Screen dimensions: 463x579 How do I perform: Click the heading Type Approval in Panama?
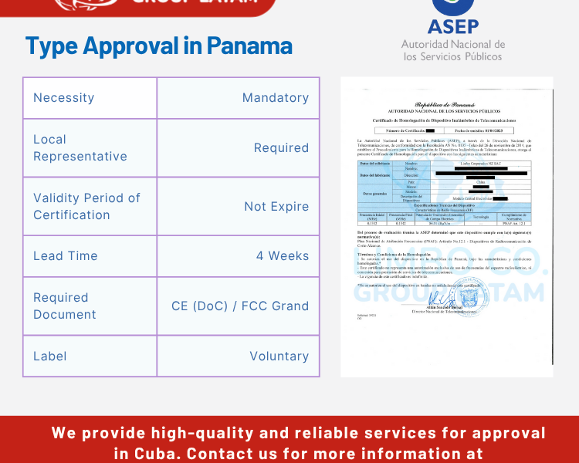(158, 46)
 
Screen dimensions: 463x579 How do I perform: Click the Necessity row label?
(63, 98)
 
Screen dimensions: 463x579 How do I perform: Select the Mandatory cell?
(275, 98)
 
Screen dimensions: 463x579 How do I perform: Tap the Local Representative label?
(80, 148)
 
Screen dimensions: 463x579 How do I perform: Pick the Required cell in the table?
(281, 148)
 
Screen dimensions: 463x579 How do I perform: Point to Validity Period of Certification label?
(86, 206)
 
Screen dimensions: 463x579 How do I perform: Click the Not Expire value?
(276, 207)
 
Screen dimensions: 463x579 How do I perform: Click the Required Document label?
(65, 306)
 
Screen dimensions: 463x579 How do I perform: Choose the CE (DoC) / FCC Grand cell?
(240, 306)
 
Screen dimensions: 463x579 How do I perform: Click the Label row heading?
(49, 357)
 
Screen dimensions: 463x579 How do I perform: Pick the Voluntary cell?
(279, 357)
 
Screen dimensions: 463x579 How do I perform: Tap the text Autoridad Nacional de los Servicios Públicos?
(453, 50)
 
